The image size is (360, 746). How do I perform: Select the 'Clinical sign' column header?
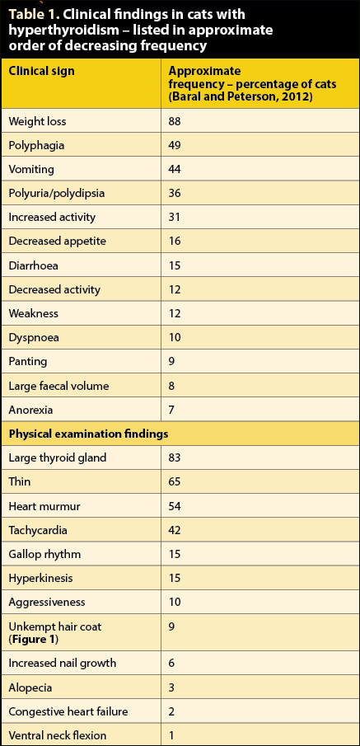coord(41,72)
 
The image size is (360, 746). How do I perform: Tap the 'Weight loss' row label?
coord(37,121)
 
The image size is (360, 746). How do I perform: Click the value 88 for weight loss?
coord(175,121)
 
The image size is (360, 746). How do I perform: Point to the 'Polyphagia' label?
coord(36,146)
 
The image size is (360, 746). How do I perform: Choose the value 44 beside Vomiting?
coord(175,169)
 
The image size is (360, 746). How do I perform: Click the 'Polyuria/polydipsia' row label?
coord(56,194)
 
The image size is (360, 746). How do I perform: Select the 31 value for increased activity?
coord(174,218)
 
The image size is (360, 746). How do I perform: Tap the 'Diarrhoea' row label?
coord(33,265)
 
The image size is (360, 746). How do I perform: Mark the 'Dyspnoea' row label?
coord(33,338)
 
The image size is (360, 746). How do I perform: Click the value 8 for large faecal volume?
coord(171,386)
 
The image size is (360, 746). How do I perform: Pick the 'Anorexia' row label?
coord(31,410)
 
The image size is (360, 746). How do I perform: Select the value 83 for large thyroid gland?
coord(175,458)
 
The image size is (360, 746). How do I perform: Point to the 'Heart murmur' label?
coord(44,506)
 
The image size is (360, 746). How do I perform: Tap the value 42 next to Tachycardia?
coord(175,530)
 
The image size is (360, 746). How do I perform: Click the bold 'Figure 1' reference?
coord(33,640)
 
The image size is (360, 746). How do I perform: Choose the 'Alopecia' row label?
coord(30,688)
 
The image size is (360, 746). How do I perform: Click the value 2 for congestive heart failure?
coord(171,712)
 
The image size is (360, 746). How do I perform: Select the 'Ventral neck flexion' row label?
coord(58,736)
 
